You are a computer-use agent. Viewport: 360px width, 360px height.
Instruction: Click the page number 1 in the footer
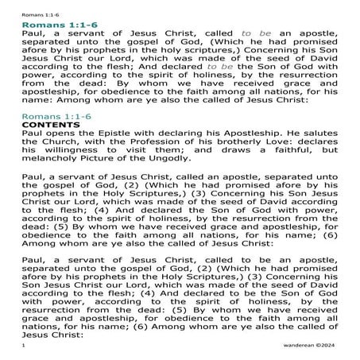click(x=25, y=347)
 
